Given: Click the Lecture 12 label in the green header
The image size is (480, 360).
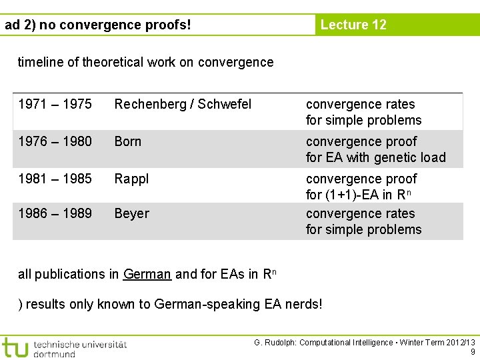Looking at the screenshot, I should tap(353, 25).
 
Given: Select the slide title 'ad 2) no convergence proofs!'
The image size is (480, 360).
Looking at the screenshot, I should tap(98, 25).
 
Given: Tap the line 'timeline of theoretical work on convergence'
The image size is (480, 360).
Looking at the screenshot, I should tap(145, 62).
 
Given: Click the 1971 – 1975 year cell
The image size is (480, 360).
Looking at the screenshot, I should tap(55, 104).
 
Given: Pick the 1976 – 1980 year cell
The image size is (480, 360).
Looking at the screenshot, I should tap(55, 141).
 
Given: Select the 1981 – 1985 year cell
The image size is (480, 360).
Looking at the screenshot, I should tap(55, 179).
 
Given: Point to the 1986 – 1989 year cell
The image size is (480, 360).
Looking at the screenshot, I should tap(55, 213).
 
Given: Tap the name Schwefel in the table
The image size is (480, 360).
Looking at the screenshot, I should tap(225, 104).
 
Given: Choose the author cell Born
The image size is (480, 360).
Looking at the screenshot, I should tap(128, 141).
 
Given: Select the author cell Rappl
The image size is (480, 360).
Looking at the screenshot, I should tap(132, 179).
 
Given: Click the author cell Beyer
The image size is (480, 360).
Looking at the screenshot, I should tap(132, 213).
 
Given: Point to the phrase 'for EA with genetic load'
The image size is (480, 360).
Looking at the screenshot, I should tap(375, 157).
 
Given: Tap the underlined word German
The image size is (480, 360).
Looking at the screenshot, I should tap(147, 274).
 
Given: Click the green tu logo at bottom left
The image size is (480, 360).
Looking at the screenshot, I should tap(15, 347).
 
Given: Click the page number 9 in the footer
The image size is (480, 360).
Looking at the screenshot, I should tap(473, 352).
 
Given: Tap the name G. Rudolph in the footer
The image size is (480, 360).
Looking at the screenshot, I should tap(275, 343).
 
